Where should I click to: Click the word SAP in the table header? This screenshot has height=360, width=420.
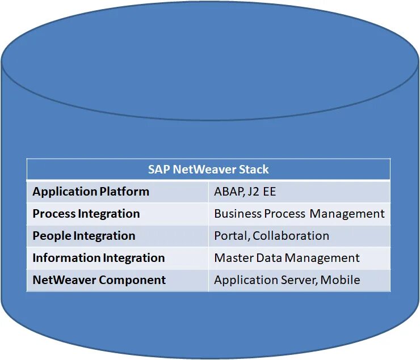click(x=159, y=170)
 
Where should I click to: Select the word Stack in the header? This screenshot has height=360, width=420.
click(x=254, y=170)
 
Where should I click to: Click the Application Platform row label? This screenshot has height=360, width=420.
click(x=91, y=192)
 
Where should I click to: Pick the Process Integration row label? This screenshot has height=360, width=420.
click(x=86, y=214)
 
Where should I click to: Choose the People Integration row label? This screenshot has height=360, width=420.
click(x=83, y=236)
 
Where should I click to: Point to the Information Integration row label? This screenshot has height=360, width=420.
click(x=98, y=258)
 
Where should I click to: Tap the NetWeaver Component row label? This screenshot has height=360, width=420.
click(x=99, y=280)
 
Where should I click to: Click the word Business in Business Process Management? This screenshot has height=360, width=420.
click(x=238, y=214)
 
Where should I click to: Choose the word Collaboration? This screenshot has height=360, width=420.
click(x=291, y=236)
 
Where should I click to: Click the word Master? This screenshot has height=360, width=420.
click(x=233, y=258)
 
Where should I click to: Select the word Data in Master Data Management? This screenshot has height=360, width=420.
click(x=270, y=258)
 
